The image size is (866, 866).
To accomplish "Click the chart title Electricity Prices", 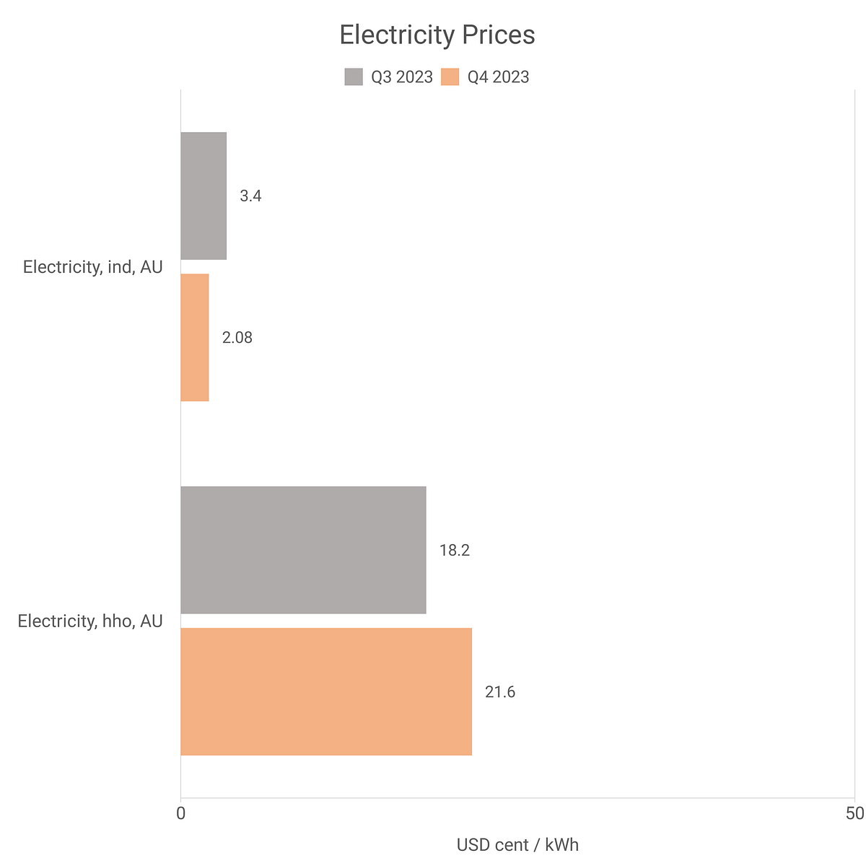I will (x=437, y=35).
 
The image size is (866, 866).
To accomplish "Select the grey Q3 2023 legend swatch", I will (x=354, y=77).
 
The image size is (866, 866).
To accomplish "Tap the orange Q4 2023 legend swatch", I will (x=450, y=77).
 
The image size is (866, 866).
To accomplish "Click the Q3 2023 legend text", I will (x=402, y=77).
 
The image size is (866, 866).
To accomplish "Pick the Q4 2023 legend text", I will (x=498, y=77).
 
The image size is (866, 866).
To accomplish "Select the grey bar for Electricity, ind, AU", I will (x=204, y=196).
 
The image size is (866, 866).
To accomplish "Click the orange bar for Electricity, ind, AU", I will (x=195, y=337).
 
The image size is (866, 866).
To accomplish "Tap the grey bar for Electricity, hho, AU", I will (x=303, y=550).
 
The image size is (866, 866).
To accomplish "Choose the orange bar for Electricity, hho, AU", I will (x=326, y=691).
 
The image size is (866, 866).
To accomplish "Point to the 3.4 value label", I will (x=250, y=196).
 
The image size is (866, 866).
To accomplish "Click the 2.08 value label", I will (x=237, y=337).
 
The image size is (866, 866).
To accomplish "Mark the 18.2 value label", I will (x=455, y=550).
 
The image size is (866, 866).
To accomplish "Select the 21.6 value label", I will (x=500, y=692).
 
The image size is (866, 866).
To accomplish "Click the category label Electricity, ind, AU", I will (x=93, y=267).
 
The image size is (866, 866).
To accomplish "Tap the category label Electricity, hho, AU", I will (x=90, y=621).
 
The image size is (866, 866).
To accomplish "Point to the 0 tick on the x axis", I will (x=180, y=814).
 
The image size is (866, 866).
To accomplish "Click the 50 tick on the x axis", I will (x=854, y=814).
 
